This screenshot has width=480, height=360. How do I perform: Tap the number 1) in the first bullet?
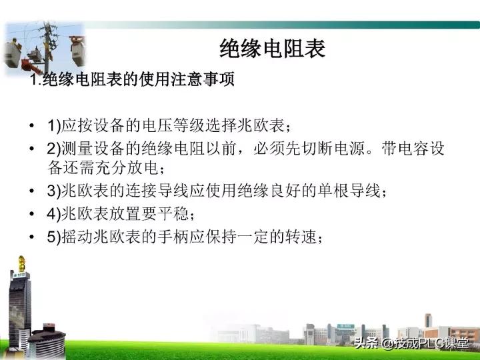(x=54, y=125)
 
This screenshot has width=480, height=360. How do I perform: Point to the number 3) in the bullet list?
(x=54, y=191)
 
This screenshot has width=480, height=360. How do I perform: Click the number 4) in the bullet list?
(x=54, y=214)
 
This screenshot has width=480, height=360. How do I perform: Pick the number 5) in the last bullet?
(x=54, y=237)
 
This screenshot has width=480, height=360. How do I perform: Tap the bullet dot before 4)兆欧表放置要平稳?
(x=33, y=215)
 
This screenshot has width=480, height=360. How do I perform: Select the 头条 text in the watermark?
(x=366, y=344)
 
